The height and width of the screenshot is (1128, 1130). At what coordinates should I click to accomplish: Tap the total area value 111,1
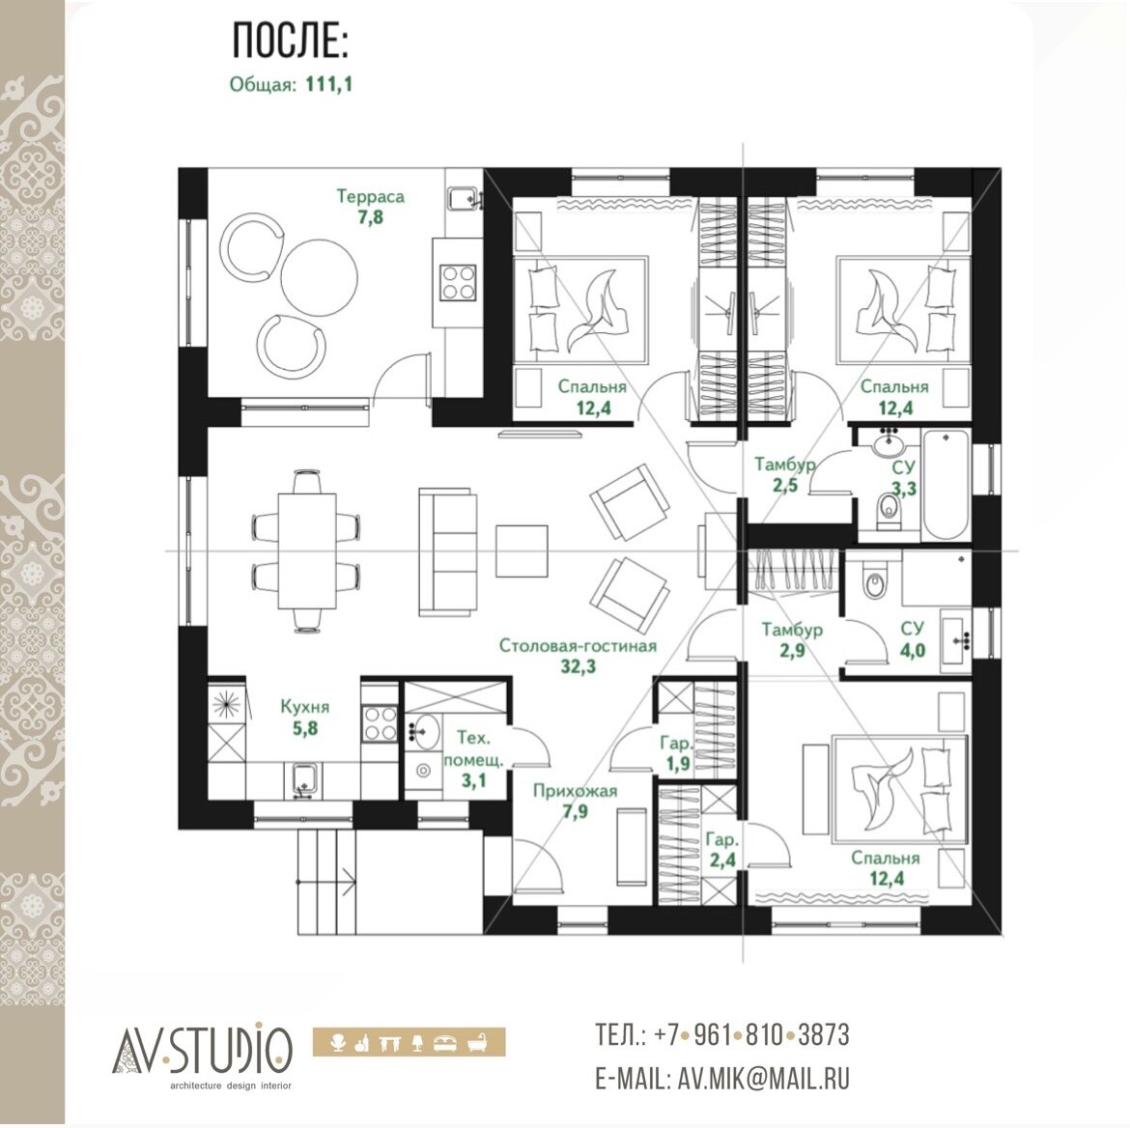click(x=328, y=84)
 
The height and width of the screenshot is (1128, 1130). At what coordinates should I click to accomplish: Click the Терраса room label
click(x=371, y=196)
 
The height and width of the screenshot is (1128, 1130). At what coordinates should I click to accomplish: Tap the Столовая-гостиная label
click(x=578, y=645)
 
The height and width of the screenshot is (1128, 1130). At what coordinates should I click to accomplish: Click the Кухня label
click(x=305, y=707)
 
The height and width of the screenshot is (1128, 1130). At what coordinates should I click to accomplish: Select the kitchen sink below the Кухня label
click(x=304, y=779)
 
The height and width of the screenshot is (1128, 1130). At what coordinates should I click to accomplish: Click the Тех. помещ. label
click(x=473, y=748)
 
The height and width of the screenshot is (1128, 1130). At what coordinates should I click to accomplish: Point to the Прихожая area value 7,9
click(x=575, y=812)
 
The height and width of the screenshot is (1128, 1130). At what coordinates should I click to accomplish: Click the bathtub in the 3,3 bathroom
click(x=946, y=485)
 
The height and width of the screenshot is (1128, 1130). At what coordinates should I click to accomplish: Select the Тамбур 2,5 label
click(x=785, y=474)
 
